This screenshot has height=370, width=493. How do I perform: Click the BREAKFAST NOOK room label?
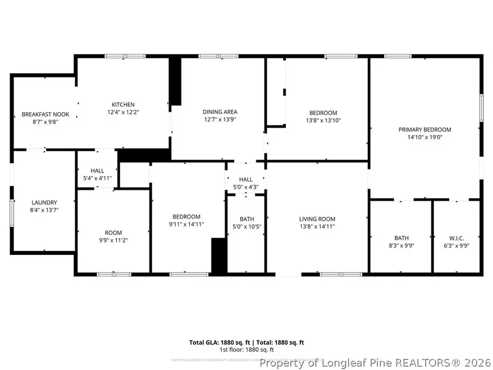tap(41, 114)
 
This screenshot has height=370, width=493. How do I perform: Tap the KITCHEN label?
tap(123, 105)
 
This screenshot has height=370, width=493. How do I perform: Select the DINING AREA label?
tap(220, 112)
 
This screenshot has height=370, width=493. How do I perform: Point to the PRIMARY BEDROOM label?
tap(425, 130)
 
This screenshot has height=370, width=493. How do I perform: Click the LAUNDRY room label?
tap(44, 202)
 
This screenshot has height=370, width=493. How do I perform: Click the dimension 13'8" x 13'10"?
tap(323, 121)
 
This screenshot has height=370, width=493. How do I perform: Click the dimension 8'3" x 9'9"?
tap(402, 246)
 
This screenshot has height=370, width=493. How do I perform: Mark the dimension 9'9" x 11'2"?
tap(113, 240)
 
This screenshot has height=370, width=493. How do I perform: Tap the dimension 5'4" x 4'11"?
tap(98, 178)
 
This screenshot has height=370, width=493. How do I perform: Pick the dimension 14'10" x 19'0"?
tap(425, 138)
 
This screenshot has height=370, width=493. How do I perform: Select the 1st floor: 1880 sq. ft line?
tap(246, 350)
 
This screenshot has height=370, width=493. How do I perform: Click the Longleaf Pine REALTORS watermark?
tap(376, 363)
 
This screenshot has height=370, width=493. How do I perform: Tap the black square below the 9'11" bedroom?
tap(219, 255)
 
